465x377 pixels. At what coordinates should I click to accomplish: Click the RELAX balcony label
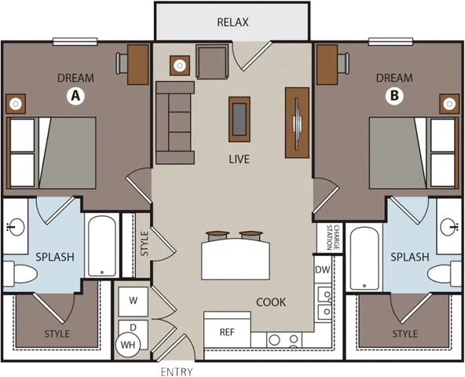232,22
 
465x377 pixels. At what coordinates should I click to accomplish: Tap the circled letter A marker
75,97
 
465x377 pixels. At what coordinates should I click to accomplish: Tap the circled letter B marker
394,97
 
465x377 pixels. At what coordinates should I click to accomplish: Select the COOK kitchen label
271,302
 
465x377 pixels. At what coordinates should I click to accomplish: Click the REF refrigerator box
228,332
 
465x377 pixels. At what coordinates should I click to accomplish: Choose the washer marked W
133,300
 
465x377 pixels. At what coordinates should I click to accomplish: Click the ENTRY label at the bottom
175,369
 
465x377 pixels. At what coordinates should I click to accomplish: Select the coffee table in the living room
240,115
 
